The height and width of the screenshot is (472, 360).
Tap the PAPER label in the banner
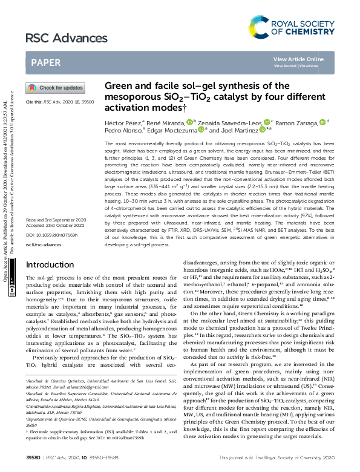point(45,62)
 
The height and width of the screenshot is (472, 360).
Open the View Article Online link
point(298,59)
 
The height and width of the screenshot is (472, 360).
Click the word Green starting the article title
point(117,87)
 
